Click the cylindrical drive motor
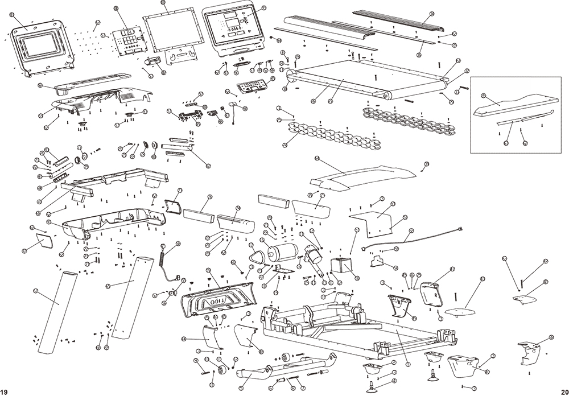tap(281, 252)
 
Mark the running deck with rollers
tap(370, 80)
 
